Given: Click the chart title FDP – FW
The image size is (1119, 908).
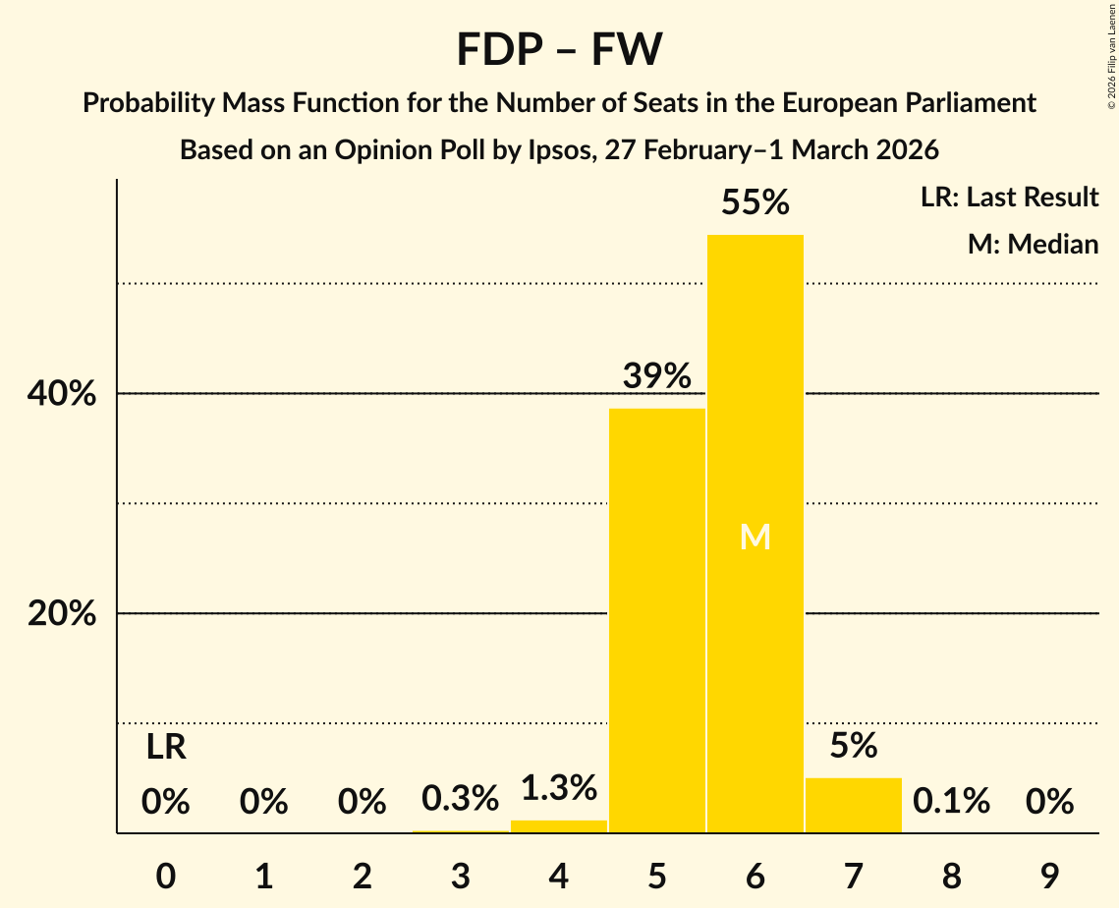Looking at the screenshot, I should coord(559,49).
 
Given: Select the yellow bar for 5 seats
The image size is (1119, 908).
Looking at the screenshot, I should coord(657,620).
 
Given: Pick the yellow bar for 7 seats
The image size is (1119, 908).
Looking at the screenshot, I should coord(854,805).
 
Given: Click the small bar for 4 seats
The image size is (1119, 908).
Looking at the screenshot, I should coord(559,826).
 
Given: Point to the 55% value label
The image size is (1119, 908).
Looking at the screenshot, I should coord(755,203).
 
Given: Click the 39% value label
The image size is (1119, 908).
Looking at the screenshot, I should coord(657,376).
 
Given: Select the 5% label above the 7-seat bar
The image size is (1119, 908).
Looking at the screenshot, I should coord(854,746).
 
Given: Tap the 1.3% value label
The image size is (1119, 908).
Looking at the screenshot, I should coord(559,788).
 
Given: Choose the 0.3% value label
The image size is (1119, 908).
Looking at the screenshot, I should coord(461,800).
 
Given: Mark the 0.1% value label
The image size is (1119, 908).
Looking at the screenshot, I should coord(951,802).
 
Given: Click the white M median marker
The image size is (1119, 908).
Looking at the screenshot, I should coord(755,538).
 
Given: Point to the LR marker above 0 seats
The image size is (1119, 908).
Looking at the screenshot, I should coord(166,748).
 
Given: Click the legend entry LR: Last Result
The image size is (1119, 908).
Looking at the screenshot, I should coord(1009,198).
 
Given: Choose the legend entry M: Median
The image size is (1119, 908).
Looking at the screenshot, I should coord(1033,245).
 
